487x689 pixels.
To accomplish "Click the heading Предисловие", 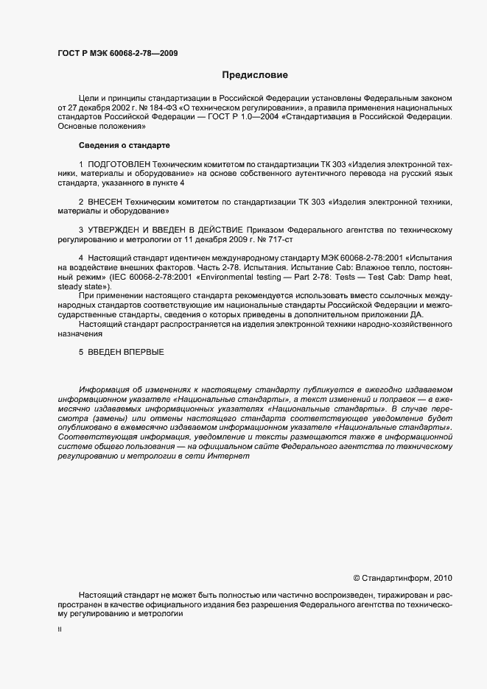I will coord(256,74).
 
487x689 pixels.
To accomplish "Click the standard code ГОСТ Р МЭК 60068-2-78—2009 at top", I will coord(117,53).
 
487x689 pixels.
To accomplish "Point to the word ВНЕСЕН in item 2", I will coord(108,201).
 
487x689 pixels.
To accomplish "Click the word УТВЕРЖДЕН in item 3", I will coord(119,230).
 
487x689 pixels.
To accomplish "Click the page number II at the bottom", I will coord(60,631).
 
